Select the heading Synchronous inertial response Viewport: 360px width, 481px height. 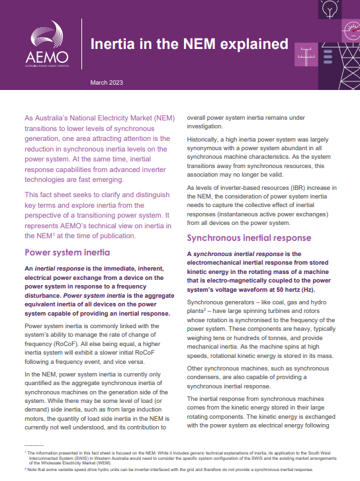[247, 238]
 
